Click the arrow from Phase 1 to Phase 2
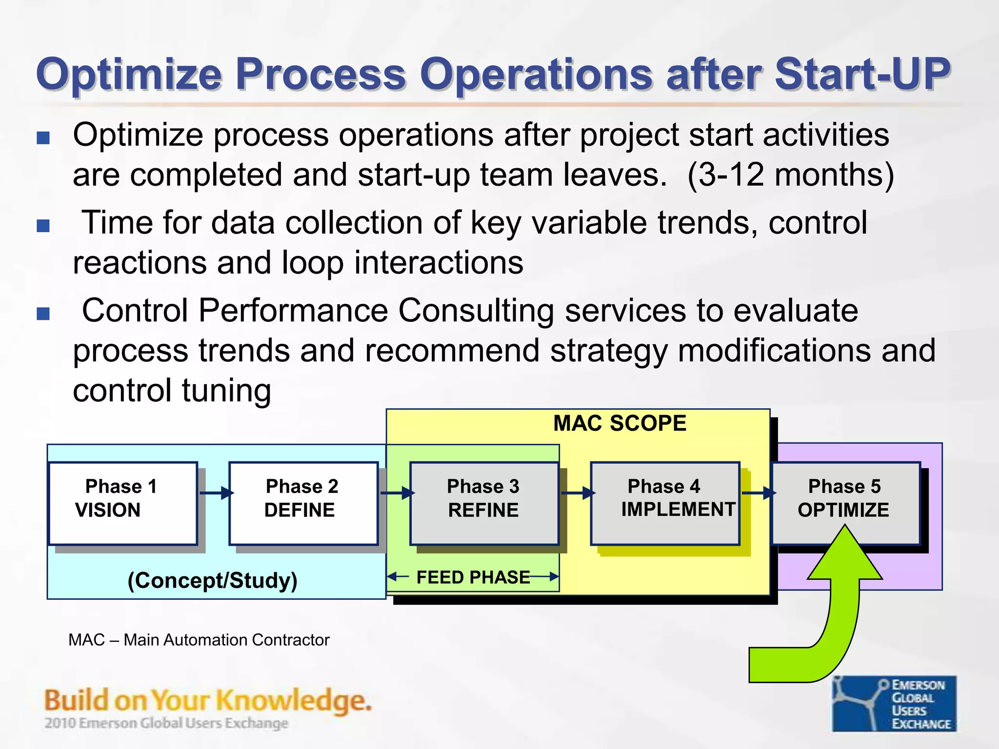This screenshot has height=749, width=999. pyautogui.click(x=215, y=493)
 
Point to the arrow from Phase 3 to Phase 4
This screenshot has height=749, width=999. pyautogui.click(x=577, y=493)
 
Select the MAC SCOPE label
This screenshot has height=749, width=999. pyautogui.click(x=619, y=423)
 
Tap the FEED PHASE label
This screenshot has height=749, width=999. pyautogui.click(x=473, y=577)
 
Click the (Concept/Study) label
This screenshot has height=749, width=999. pyautogui.click(x=213, y=580)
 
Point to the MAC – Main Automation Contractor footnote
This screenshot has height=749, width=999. pyautogui.click(x=199, y=640)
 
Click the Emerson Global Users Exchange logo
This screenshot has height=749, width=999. pyautogui.click(x=894, y=703)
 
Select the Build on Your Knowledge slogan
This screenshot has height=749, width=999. pyautogui.click(x=208, y=701)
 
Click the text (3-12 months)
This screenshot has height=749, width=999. pyautogui.click(x=790, y=175)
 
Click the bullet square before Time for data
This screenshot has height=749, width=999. pyautogui.click(x=43, y=226)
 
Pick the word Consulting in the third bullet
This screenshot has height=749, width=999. pyautogui.click(x=476, y=311)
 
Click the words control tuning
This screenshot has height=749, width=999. pyautogui.click(x=172, y=391)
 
